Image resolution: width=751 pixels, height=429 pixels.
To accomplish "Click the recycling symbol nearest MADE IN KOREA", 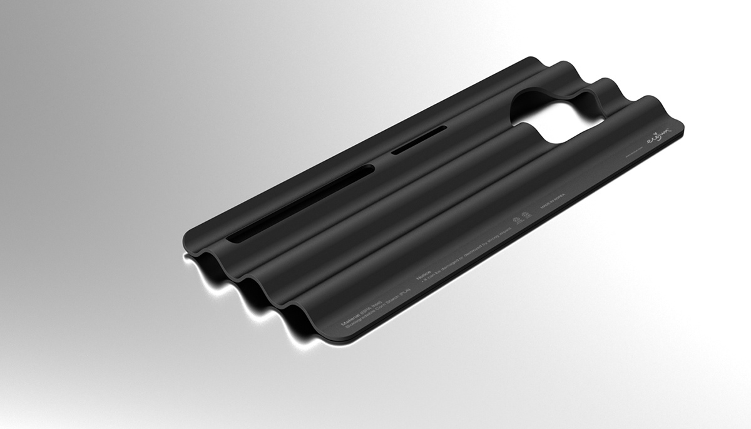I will click(x=518, y=220).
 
